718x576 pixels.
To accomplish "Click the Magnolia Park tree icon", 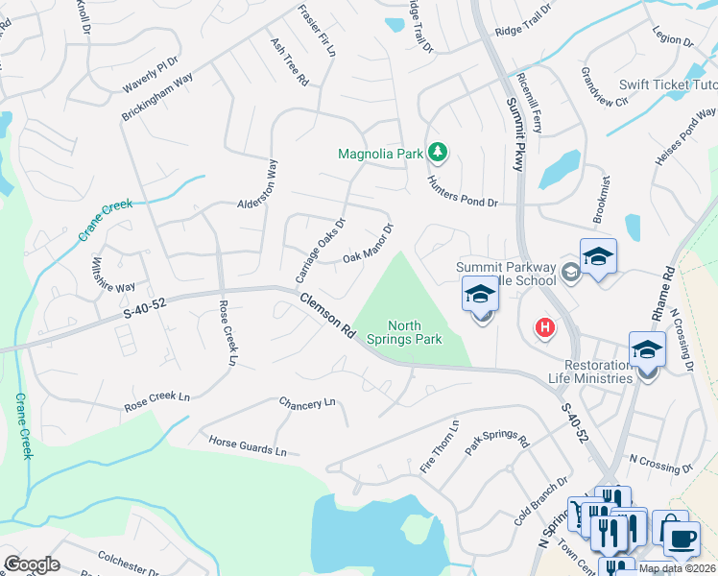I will [x=439, y=152].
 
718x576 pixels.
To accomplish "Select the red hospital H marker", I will [x=545, y=328].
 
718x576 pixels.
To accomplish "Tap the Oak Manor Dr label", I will [x=370, y=244].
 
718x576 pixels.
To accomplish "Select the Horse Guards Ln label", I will [x=248, y=444].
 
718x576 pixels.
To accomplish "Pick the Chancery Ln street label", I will [x=307, y=403].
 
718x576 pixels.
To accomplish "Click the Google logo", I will [x=32, y=564].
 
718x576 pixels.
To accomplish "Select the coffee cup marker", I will [x=682, y=538].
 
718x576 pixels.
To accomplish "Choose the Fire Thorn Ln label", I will [x=441, y=445].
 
